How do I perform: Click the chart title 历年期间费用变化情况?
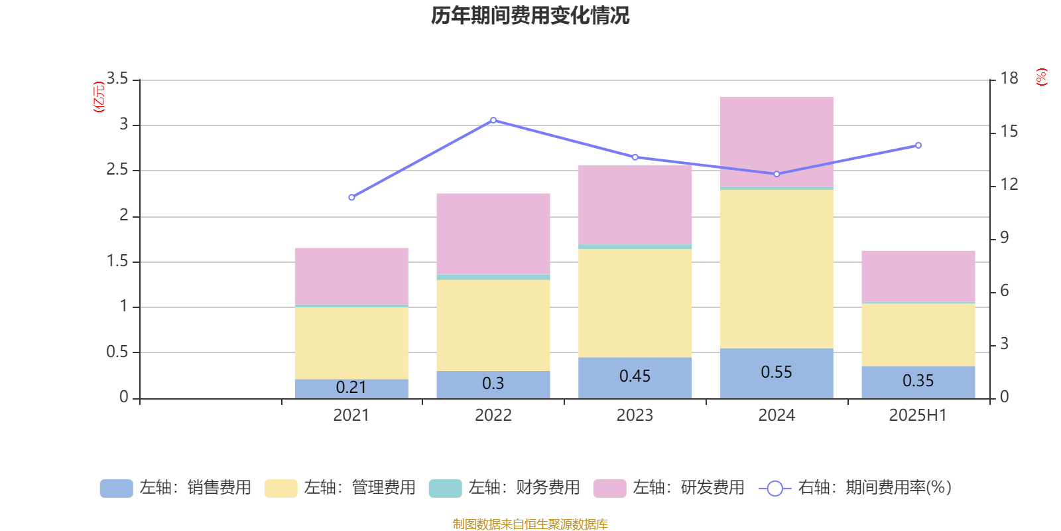click(530, 16)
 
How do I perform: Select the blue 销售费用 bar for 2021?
click(351, 389)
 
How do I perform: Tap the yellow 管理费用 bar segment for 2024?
click(776, 269)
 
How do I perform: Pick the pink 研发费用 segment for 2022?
click(493, 234)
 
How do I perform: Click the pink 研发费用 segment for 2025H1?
click(918, 276)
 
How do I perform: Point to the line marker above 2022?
click(493, 120)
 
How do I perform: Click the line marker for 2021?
click(351, 197)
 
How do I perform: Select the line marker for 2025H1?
click(918, 145)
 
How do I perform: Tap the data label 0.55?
click(776, 372)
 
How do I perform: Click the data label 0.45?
click(635, 376)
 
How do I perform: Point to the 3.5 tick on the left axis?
click(117, 79)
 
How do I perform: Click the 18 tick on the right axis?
click(1009, 79)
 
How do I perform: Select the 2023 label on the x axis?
click(635, 416)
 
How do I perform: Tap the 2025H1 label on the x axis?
click(918, 416)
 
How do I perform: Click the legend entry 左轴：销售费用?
click(176, 488)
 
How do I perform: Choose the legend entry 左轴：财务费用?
click(505, 488)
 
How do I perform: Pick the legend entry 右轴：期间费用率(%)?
click(855, 488)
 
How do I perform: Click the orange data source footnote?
click(530, 524)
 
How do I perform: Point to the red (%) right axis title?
click(1041, 77)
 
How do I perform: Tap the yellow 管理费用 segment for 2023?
click(635, 303)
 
